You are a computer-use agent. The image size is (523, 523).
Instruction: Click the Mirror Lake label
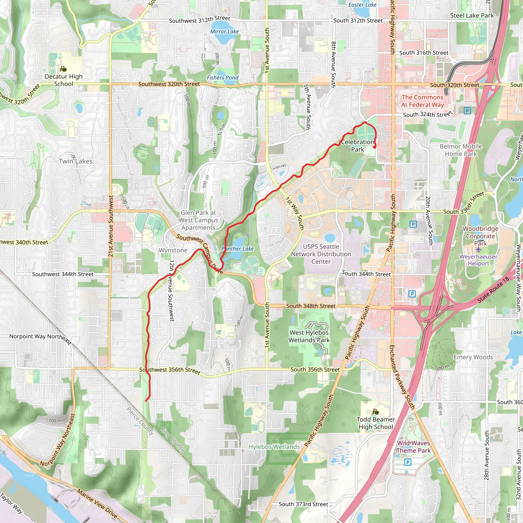(224, 32)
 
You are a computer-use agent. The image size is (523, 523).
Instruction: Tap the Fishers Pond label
(222, 78)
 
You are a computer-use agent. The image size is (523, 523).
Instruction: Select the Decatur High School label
(64, 80)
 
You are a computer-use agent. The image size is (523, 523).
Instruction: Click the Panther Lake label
(237, 248)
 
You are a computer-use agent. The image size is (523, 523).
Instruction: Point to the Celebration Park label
(357, 146)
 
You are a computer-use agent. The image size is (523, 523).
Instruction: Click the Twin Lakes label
(76, 161)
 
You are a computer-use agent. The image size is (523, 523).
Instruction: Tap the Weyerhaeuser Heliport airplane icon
(478, 249)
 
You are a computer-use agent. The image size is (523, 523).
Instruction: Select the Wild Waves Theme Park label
(413, 447)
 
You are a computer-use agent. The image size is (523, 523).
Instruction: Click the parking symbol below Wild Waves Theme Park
(408, 462)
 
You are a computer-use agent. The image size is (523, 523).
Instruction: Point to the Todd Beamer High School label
(375, 423)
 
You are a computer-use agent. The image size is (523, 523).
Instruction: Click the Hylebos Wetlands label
(274, 447)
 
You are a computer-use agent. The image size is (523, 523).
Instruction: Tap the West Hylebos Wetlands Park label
(309, 336)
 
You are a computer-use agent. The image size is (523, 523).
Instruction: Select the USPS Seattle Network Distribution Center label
(321, 254)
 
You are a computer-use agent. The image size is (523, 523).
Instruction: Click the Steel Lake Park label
(472, 16)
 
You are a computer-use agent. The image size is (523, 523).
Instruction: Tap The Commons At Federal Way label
(422, 101)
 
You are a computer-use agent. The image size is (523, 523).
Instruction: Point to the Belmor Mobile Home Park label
(461, 150)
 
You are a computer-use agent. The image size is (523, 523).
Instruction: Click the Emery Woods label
(473, 357)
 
